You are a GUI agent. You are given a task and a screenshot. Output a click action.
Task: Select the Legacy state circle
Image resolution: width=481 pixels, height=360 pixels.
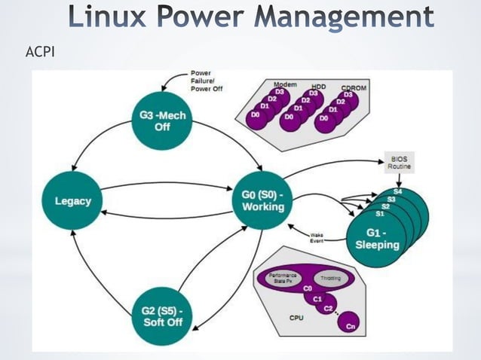pos(73,201)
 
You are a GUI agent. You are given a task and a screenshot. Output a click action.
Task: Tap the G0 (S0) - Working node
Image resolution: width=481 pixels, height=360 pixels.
pos(262,201)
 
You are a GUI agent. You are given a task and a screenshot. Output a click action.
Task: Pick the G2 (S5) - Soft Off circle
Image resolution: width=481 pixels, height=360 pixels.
pos(161,317)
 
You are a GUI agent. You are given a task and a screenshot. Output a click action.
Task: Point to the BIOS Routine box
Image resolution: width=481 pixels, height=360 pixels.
pos(400,163)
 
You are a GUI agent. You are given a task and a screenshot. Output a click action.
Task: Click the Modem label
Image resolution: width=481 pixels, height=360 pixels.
pos(284,84)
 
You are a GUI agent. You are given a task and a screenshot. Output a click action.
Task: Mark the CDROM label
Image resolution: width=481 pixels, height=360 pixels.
pos(355,87)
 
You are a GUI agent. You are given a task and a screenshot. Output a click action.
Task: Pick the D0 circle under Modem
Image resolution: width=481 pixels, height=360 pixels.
pos(256,114)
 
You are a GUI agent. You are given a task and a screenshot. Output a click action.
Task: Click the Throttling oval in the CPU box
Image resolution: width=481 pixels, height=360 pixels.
pos(331,279)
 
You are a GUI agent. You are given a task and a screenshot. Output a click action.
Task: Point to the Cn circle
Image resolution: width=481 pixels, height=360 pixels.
pos(350,326)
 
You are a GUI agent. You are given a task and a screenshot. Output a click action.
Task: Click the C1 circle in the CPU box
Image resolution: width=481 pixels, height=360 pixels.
pos(317,298)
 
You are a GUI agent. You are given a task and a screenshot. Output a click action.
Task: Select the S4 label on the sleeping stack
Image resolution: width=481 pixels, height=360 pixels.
pos(397,193)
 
